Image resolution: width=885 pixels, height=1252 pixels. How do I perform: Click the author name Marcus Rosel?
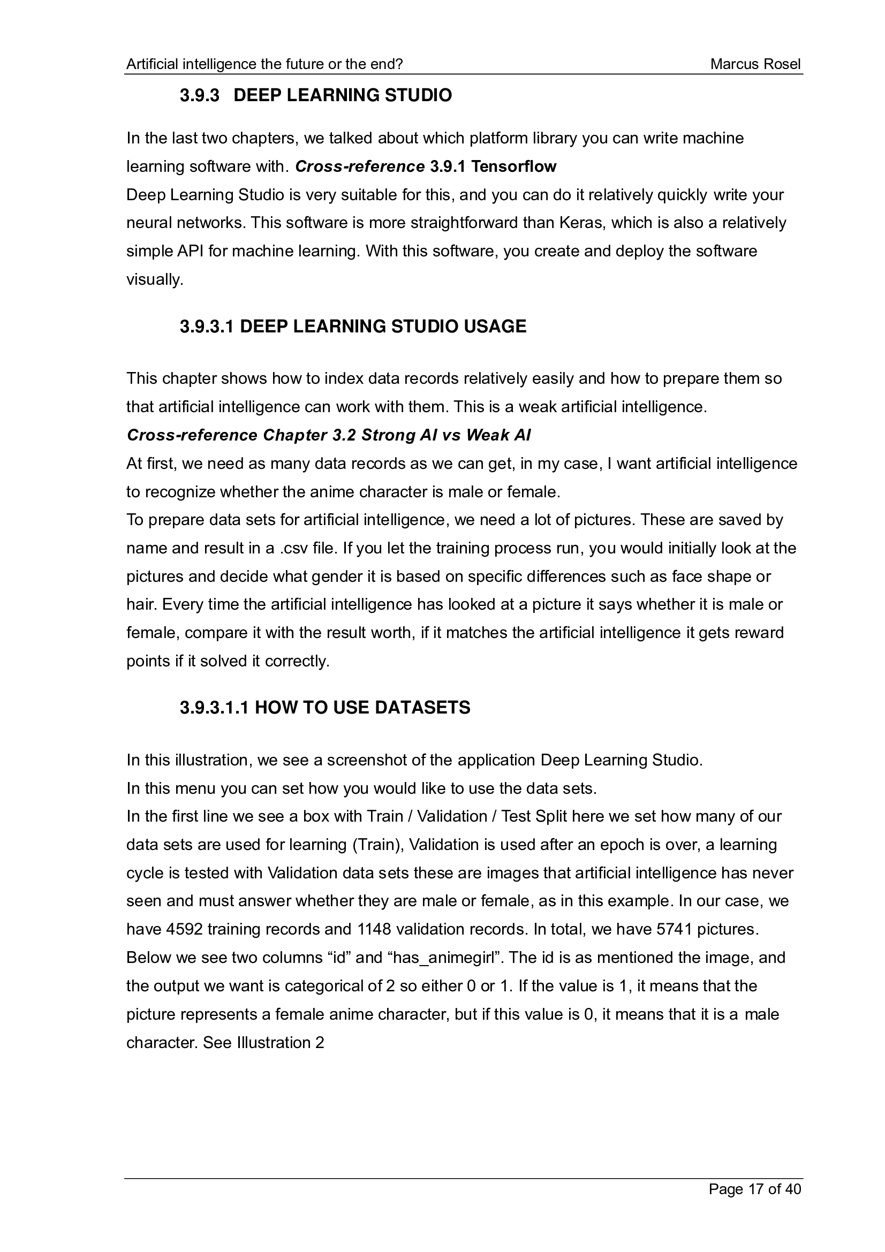click(x=755, y=64)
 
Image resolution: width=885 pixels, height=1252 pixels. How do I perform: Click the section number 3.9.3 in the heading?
click(x=200, y=95)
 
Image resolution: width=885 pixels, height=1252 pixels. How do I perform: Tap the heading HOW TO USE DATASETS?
click(x=362, y=707)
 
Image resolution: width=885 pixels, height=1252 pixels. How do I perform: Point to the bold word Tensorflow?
click(x=513, y=166)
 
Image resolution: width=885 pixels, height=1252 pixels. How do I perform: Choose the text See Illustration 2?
click(x=263, y=1043)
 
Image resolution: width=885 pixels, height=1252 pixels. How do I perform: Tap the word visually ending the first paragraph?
click(x=154, y=280)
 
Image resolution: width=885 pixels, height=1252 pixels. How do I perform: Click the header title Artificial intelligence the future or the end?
click(x=264, y=64)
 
